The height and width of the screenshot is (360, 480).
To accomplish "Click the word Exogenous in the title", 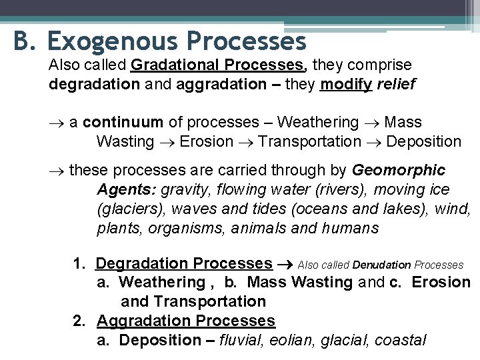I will (112, 41).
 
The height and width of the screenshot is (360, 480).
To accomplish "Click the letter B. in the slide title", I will (24, 41).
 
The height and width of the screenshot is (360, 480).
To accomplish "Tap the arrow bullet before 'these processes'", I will (55, 171).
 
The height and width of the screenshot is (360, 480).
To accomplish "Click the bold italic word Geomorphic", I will (398, 171).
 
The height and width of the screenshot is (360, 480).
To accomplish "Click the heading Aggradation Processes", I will (185, 321).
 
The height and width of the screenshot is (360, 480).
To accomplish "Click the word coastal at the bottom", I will (399, 341).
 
